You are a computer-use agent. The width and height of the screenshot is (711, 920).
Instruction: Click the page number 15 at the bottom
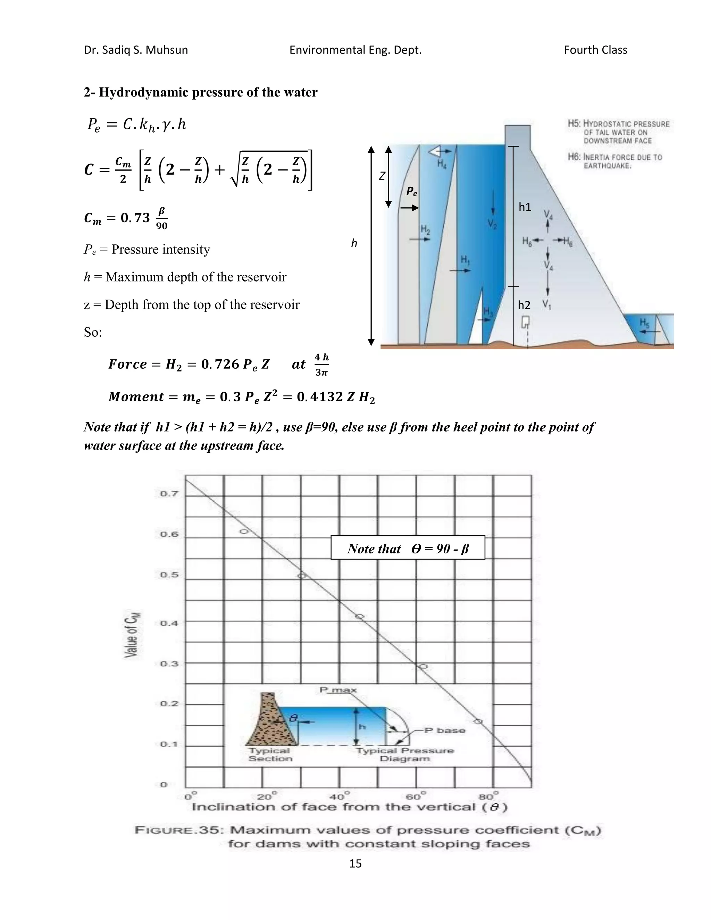355,863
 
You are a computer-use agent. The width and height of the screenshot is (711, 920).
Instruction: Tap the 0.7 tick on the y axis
169,494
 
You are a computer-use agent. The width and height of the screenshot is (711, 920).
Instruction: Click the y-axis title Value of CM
132,634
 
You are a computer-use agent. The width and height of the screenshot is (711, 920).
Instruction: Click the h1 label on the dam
525,207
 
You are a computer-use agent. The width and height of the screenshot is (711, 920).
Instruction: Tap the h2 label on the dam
524,305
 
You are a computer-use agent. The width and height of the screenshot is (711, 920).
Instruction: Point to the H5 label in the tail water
644,323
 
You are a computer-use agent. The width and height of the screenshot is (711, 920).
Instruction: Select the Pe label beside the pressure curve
411,192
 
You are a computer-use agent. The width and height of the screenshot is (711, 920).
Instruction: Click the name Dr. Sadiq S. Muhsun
136,50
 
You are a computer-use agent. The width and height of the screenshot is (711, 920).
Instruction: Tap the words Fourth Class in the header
595,50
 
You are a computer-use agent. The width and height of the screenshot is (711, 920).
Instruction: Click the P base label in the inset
444,730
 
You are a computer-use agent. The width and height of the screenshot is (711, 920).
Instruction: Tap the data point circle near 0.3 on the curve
423,667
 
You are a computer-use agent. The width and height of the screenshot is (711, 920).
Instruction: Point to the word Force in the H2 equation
127,364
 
